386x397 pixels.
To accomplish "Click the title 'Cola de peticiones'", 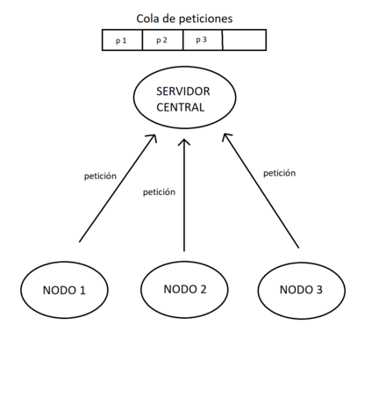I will (x=184, y=18).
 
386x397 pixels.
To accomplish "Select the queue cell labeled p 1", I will (x=122, y=40).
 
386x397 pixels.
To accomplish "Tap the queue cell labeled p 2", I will (x=162, y=40).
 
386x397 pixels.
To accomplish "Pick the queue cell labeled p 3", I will (x=202, y=40).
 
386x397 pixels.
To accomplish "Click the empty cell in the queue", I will (x=244, y=40).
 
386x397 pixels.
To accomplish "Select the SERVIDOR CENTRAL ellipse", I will (x=184, y=99).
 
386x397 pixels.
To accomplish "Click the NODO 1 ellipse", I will (x=64, y=290).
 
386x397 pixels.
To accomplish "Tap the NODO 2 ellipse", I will (x=186, y=288).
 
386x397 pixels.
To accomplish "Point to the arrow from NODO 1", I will (x=116, y=189).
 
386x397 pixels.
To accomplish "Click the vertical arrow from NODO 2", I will (x=184, y=202).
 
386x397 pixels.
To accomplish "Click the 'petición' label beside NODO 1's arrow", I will (x=101, y=176).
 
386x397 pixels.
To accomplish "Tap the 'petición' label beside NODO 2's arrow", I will (x=159, y=191).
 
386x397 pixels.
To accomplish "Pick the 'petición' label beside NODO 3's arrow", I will (x=279, y=173).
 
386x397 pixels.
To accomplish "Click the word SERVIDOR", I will (x=183, y=91).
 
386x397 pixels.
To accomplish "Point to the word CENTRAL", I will (x=183, y=108).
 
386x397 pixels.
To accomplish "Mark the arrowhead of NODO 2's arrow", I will (x=184, y=141).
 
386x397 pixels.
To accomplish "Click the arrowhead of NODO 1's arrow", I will (x=152, y=139).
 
